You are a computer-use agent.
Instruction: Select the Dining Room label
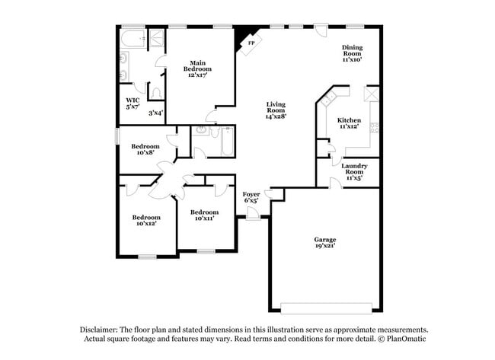(352, 53)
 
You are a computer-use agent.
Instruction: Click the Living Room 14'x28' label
(276, 110)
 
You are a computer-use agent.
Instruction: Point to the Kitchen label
(349, 123)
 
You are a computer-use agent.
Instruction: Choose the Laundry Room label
(355, 169)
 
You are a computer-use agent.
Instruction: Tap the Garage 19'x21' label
(325, 243)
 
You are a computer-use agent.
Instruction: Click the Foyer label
(251, 198)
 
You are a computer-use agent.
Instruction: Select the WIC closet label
(133, 103)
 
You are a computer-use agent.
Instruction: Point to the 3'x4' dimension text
(155, 113)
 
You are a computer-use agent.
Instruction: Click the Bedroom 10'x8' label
(145, 149)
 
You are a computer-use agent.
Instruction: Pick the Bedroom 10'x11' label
(205, 215)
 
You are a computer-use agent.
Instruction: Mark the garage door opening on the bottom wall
(325, 308)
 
